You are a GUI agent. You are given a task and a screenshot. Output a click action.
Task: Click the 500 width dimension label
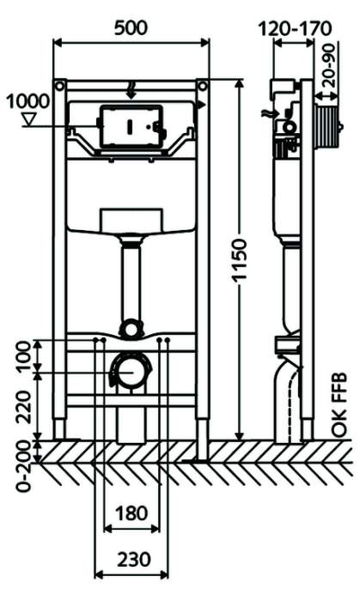[131, 28]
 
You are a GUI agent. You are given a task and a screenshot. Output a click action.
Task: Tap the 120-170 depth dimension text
[295, 28]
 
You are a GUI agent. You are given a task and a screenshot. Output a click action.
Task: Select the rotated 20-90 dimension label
[329, 65]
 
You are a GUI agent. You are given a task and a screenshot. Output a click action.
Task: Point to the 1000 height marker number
[27, 101]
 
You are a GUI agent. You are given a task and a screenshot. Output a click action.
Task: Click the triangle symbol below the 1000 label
[29, 119]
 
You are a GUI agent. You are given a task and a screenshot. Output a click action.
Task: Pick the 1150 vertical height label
[241, 261]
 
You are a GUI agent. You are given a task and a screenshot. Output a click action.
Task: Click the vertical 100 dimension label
[25, 355]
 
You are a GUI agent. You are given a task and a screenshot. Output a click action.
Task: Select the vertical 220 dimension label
[25, 407]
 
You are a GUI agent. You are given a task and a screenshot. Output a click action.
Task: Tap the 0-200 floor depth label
[24, 466]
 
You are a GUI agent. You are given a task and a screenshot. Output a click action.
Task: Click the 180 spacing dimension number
[131, 513]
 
